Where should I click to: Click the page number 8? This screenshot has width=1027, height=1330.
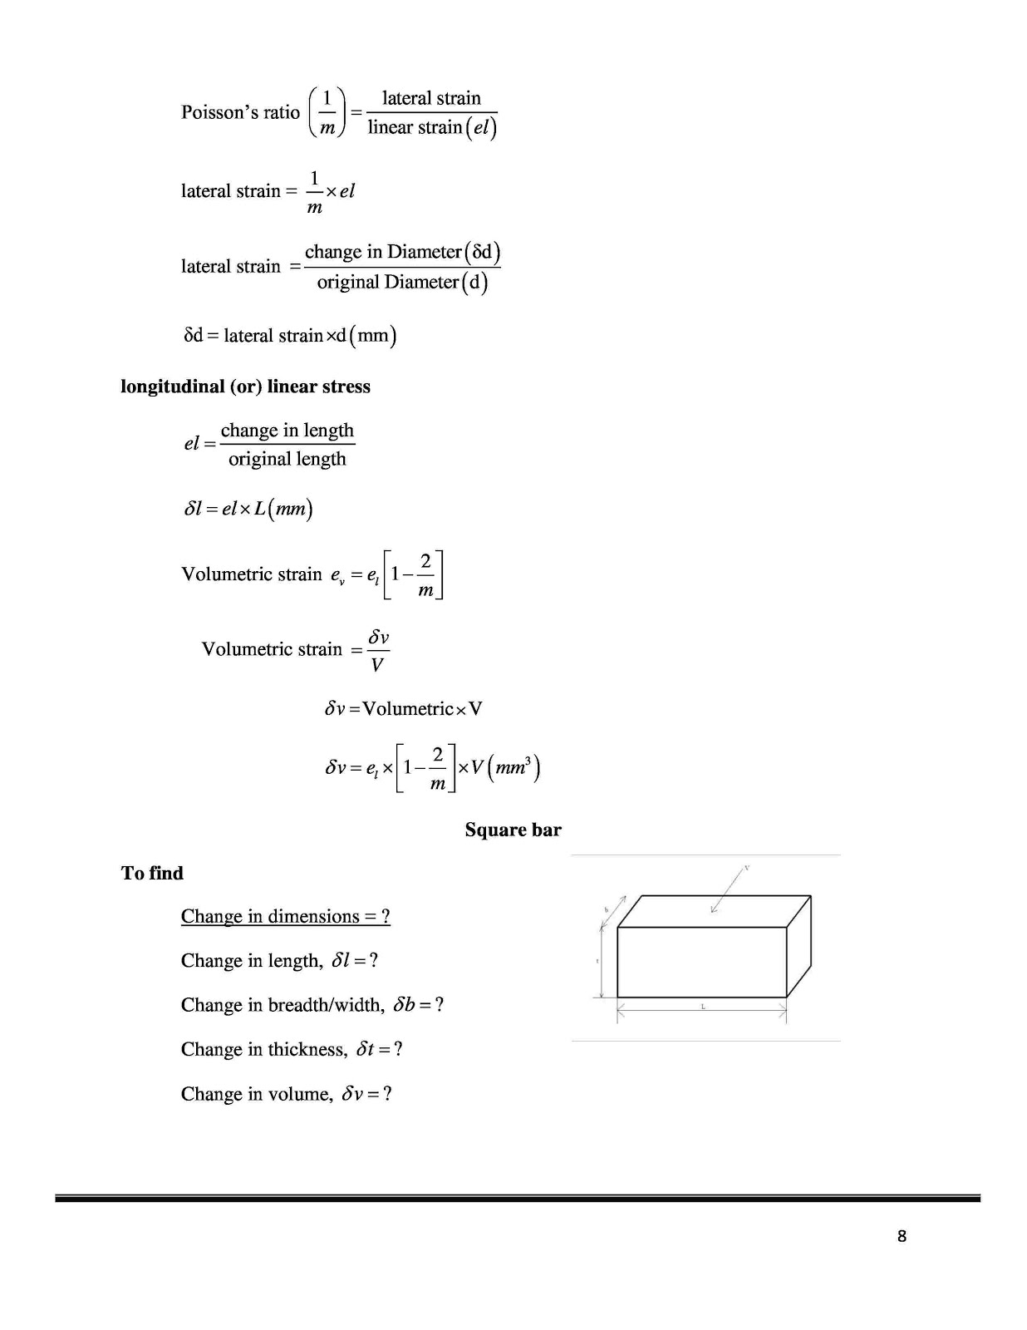point(902,1236)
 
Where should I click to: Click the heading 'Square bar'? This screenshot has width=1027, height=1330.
point(513,830)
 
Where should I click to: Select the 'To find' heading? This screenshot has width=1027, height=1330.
point(152,873)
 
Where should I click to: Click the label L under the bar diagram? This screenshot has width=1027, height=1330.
point(703,1007)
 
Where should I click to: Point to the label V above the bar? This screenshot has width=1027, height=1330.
point(746,868)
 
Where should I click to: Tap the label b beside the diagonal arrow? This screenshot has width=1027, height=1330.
point(607,910)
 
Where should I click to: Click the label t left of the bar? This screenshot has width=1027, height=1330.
point(597,961)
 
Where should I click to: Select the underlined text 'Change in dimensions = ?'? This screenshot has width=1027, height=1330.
point(285,916)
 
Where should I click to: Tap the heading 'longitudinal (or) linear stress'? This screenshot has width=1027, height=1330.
point(245,387)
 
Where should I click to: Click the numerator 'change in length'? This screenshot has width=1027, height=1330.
point(287,430)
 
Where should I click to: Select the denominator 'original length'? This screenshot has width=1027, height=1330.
point(287,459)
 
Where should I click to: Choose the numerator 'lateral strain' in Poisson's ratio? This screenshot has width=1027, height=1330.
point(431,98)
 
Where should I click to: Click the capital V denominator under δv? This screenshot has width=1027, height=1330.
point(377,664)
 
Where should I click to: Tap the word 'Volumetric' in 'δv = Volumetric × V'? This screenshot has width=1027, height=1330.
point(408,709)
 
